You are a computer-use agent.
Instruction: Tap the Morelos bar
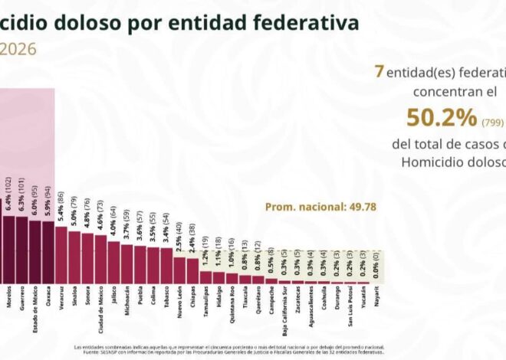(8, 250)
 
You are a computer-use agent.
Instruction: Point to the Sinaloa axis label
(75, 296)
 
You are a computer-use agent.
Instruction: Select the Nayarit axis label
(376, 296)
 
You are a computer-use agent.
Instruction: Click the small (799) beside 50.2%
(491, 122)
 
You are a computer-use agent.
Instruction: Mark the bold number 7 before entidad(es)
(379, 71)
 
